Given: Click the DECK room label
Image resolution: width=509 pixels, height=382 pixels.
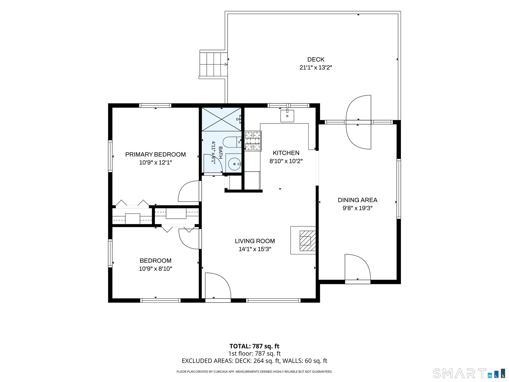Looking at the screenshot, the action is coord(316,60).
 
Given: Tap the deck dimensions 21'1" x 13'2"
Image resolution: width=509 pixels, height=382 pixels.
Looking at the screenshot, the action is coord(316,67).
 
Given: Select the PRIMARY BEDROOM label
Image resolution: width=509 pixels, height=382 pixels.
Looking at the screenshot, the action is coord(155,154).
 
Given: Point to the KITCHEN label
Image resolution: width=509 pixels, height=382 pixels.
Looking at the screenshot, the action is coord(286,153).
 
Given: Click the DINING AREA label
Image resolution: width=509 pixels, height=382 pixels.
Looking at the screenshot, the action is coord(357,200).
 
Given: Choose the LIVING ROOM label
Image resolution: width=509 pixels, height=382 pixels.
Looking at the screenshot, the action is coord(255,241).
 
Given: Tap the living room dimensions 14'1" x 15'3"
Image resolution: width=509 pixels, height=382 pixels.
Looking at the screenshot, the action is coord(255,249).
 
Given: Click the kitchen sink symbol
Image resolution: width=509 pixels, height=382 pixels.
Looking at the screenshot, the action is coord(287,116).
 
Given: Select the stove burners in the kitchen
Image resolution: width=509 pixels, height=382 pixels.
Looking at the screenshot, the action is coord(253,141).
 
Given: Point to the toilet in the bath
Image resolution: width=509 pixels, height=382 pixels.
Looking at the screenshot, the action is coord(232,142).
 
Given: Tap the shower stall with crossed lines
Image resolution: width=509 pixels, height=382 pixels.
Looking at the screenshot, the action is coord(222,119).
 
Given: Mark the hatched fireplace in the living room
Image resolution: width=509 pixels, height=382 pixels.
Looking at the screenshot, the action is coord(308,241).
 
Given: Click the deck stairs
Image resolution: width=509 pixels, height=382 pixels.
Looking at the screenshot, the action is coord(213,65).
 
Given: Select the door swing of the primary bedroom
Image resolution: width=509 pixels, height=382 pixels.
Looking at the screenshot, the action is coord(189,191).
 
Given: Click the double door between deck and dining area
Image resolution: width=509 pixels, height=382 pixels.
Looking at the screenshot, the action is coord(359,122).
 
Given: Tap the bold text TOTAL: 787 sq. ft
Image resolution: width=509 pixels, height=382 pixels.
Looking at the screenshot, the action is coord(254,346).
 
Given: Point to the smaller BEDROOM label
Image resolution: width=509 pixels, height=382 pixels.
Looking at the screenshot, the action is coord(155,261).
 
